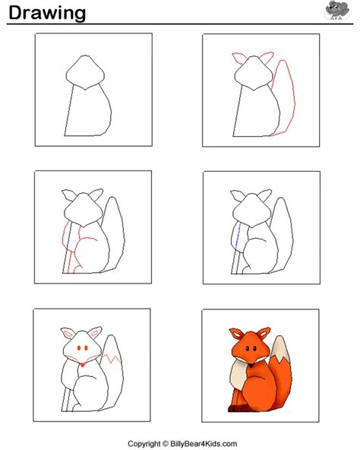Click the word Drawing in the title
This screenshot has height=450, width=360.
coord(47,14)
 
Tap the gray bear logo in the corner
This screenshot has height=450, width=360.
coord(337,10)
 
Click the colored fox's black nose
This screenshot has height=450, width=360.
coord(251,366)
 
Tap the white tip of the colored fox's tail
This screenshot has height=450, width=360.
coord(279,349)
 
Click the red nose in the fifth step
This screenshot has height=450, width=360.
coord(82,365)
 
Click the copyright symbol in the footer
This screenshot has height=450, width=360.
coord(166,444)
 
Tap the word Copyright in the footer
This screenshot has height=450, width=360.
coord(144,444)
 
